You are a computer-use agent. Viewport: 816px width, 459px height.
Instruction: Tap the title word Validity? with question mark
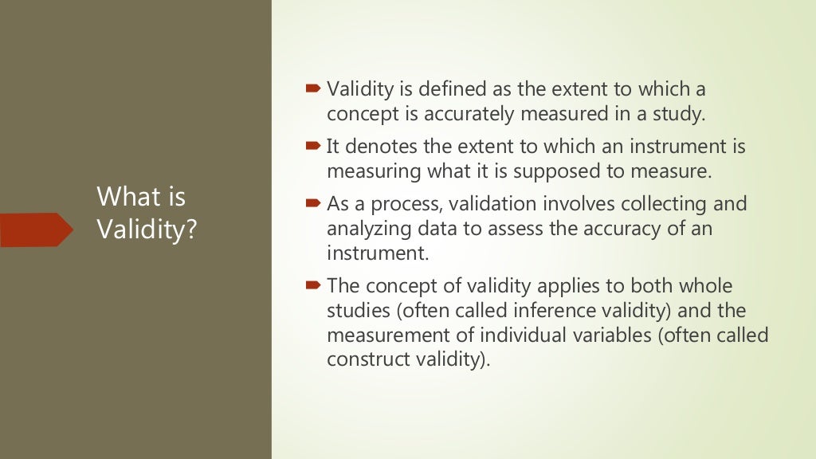click(147, 229)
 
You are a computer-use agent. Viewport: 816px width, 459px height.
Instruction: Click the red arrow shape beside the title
click(36, 229)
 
